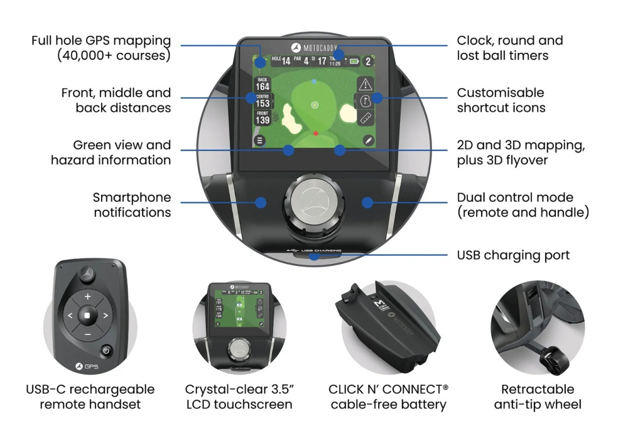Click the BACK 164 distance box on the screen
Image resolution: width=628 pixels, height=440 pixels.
click(x=263, y=84)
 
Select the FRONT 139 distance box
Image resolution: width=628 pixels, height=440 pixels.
click(x=263, y=118)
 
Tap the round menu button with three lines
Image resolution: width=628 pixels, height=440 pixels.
click(x=259, y=140)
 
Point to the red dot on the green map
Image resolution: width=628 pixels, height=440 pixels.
click(x=316, y=134)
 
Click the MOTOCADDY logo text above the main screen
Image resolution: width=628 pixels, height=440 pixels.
click(x=320, y=48)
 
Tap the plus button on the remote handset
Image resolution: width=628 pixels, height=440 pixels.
click(x=87, y=296)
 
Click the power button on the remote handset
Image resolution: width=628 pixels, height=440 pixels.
click(x=107, y=351)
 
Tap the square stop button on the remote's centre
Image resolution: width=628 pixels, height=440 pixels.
click(x=87, y=315)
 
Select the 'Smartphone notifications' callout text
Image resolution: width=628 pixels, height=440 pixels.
click(x=132, y=205)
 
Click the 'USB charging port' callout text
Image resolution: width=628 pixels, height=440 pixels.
click(x=513, y=255)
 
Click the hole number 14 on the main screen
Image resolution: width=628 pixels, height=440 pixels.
click(x=286, y=61)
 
